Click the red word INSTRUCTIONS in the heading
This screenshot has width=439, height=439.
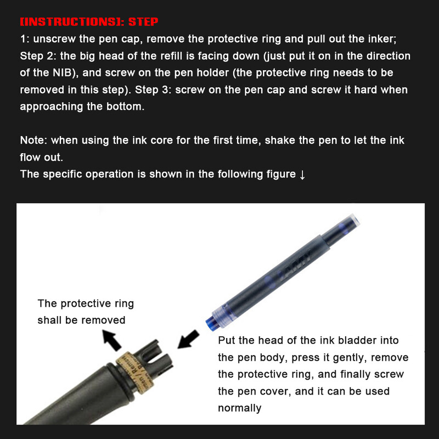(x=71, y=22)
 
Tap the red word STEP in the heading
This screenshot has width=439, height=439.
(x=143, y=22)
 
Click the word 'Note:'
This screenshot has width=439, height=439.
(x=33, y=140)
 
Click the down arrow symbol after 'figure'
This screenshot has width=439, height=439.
(x=302, y=175)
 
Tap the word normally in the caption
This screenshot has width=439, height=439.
(x=239, y=408)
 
